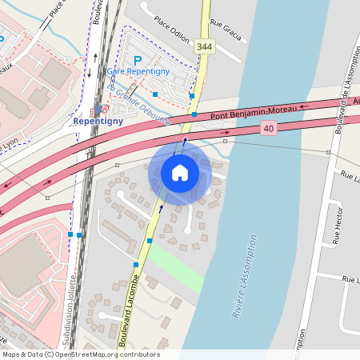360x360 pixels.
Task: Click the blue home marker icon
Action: pyautogui.click(x=180, y=173)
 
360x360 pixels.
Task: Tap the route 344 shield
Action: pyautogui.click(x=205, y=47)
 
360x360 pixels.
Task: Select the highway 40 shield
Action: pyautogui.click(x=268, y=128)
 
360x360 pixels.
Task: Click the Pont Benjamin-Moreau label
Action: pyautogui.click(x=247, y=114)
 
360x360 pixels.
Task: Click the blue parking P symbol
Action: pyautogui.click(x=137, y=60)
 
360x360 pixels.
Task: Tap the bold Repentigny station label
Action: pyautogui.click(x=97, y=122)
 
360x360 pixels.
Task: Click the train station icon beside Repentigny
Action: pyautogui.click(x=98, y=109)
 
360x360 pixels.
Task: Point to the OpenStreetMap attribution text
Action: pyautogui.click(x=80, y=354)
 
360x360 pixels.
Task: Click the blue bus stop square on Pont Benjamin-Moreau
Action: pyautogui.click(x=194, y=114)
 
